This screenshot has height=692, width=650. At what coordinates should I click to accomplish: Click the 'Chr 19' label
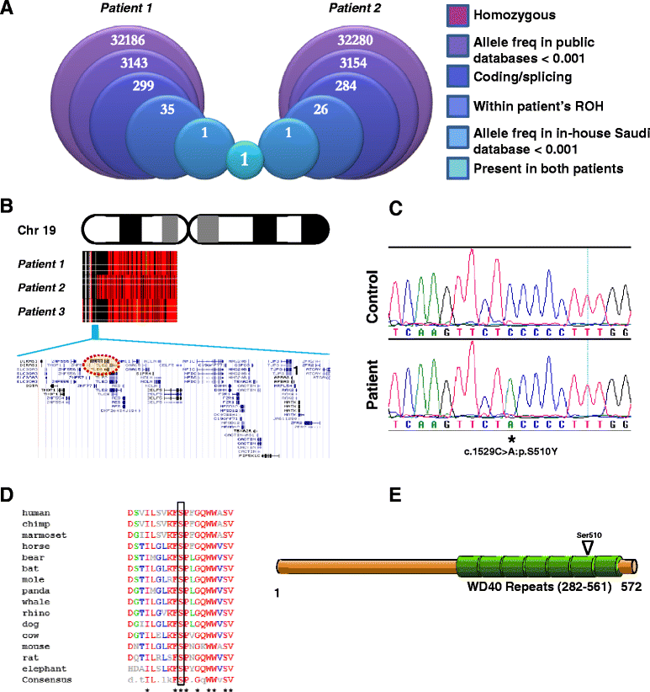pyautogui.click(x=37, y=228)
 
